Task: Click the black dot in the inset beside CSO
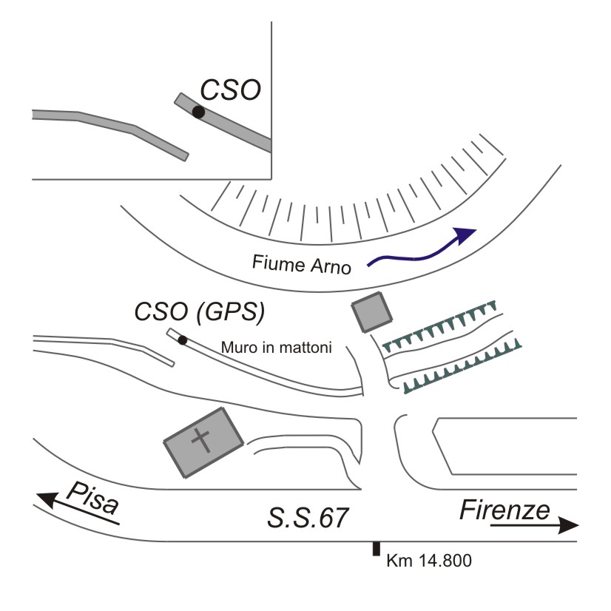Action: pos(198,112)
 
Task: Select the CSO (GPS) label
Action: pos(199,314)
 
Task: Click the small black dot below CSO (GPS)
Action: pos(182,340)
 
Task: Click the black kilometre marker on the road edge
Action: pos(377,548)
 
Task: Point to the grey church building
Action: pos(202,442)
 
